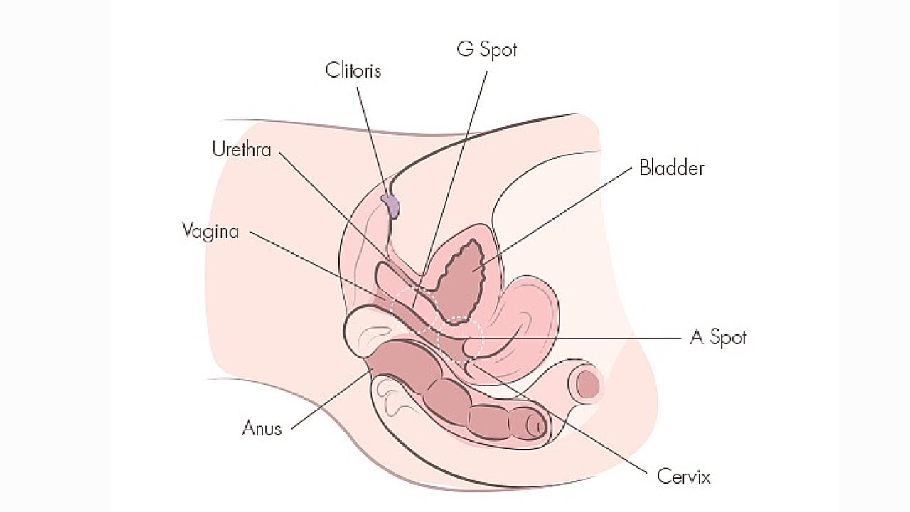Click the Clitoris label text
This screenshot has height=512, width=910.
353,70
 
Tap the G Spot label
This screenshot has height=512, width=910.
486,50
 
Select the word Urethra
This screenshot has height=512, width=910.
242,150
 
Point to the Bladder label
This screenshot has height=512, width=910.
671,169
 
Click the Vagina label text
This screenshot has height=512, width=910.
210,231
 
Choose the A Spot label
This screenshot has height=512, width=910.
718,337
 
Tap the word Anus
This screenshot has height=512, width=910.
262,428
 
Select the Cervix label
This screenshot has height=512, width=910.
683,476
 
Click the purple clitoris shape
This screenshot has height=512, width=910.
391,205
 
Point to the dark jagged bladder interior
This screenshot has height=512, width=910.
461,277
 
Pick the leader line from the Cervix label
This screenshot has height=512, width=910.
569,420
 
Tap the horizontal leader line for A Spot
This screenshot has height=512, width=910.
583,338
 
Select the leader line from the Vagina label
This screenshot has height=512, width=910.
320,267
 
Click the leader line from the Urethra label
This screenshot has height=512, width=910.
334,206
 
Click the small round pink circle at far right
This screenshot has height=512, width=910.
587,385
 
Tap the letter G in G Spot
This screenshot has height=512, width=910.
465,50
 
